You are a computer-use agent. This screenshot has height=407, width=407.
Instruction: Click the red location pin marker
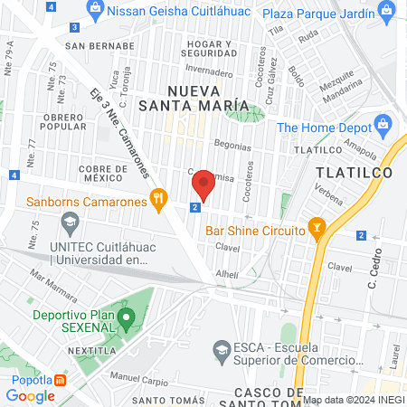[203, 185]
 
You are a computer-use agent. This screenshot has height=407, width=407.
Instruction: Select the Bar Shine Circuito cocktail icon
[317, 226]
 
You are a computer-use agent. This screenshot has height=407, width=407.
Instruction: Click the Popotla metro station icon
[60, 381]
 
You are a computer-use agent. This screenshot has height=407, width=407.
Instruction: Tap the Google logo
[31, 395]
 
